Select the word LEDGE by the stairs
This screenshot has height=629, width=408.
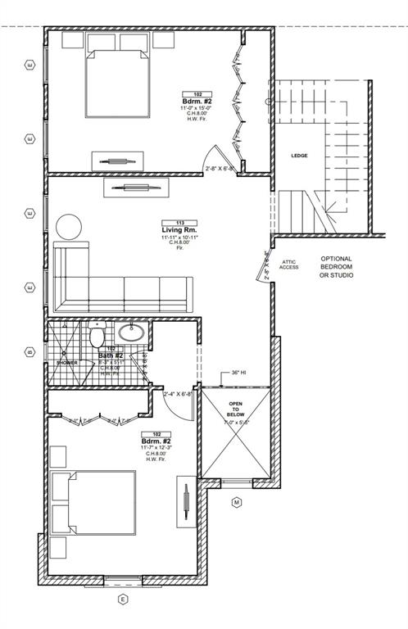300,155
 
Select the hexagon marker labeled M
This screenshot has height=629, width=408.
236,502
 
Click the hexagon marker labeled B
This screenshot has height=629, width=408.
30,353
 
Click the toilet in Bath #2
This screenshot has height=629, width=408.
97,336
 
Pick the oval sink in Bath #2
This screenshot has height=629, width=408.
132,333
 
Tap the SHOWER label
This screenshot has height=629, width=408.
66,362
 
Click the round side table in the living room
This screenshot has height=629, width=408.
69,227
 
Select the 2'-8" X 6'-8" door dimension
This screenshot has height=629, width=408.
220,170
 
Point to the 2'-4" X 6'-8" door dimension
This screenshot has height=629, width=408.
178,394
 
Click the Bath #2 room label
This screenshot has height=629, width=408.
111,355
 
